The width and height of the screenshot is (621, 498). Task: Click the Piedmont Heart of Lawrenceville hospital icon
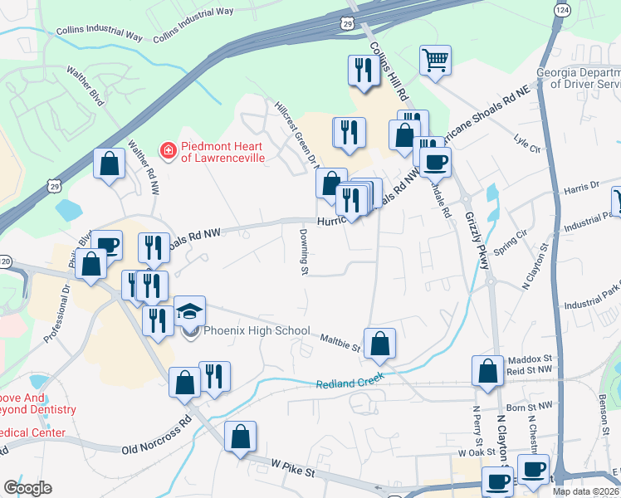(x=168, y=150)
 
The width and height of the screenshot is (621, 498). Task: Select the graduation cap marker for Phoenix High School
(x=190, y=311)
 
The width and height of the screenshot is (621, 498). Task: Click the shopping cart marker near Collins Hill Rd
(x=435, y=61)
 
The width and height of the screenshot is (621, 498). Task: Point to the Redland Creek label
(x=350, y=383)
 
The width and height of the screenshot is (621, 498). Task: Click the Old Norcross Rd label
(x=156, y=437)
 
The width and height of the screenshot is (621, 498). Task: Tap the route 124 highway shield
(x=563, y=8)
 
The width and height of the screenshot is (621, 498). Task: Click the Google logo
(x=27, y=487)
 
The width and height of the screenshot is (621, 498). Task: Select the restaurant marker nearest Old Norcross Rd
(x=214, y=378)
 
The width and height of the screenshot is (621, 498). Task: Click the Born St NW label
(x=529, y=407)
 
